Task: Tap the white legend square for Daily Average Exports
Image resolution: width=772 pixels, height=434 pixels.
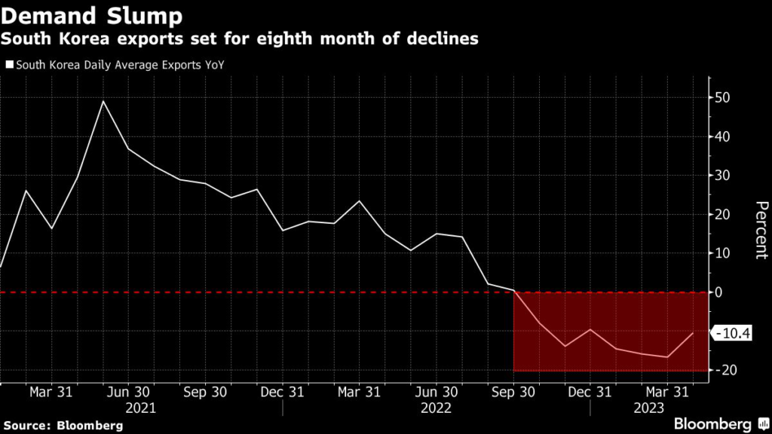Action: [8, 65]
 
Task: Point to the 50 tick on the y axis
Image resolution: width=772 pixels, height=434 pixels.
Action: [723, 98]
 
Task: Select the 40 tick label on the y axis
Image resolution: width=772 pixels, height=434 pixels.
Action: [723, 137]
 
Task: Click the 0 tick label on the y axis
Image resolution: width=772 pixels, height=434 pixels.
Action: [719, 292]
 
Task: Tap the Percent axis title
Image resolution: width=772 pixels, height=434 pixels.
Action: [760, 230]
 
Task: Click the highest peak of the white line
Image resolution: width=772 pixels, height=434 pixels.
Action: [103, 101]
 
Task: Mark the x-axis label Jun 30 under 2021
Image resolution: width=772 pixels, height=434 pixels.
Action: [129, 392]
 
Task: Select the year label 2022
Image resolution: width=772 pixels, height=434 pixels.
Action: [436, 408]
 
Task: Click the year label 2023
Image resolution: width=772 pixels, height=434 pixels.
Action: [649, 408]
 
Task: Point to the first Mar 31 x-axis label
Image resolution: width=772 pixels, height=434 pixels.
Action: [51, 392]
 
